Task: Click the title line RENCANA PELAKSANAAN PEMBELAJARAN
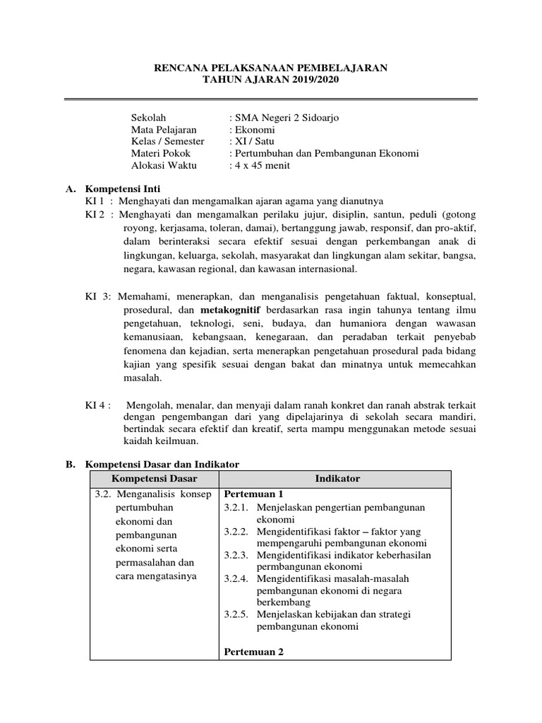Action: [x=271, y=68]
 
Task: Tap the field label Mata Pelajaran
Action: [x=164, y=129]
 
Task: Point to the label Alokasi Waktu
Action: [x=164, y=166]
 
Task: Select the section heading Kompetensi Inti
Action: [x=123, y=189]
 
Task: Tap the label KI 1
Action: [x=95, y=201]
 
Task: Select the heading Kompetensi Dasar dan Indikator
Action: [x=162, y=464]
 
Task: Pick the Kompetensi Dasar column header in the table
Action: [x=154, y=479]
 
